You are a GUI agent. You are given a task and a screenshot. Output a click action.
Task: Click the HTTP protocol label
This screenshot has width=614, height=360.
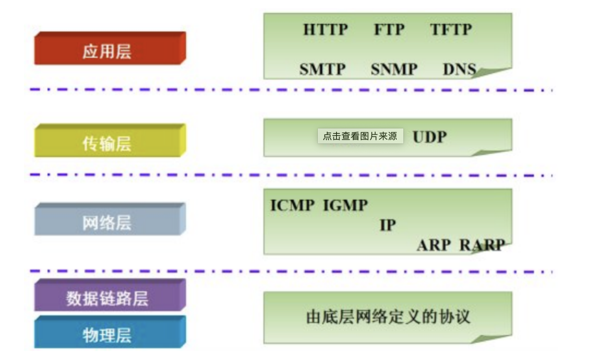[x=325, y=30]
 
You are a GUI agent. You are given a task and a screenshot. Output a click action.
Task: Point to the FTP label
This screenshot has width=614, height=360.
[x=389, y=30]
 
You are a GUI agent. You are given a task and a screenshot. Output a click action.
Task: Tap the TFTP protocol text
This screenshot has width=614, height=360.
[x=451, y=30]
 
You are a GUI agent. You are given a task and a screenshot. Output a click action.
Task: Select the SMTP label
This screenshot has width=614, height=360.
[x=322, y=69]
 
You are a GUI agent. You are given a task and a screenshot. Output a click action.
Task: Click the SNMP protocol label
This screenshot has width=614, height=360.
[x=394, y=69]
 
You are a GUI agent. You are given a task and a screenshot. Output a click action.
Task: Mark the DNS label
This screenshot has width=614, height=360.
[x=459, y=69]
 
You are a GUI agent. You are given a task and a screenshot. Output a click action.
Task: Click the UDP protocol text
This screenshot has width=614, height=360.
[x=430, y=137]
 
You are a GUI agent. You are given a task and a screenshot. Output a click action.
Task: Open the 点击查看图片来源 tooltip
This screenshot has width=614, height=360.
[x=360, y=136]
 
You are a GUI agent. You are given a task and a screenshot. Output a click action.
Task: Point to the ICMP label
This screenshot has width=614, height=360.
[x=292, y=205]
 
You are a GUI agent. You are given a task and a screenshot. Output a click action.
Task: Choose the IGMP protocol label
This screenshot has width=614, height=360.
[x=345, y=205]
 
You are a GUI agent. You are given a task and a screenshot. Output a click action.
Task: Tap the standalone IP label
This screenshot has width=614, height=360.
[x=388, y=225]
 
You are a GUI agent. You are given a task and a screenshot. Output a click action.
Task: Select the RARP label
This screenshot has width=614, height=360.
[x=482, y=245]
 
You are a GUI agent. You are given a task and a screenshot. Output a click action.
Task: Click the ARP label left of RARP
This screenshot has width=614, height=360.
[x=434, y=245]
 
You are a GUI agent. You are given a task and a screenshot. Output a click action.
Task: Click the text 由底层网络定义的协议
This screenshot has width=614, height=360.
[x=388, y=317]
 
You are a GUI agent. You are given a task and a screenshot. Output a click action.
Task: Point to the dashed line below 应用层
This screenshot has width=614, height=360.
[x=291, y=89]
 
